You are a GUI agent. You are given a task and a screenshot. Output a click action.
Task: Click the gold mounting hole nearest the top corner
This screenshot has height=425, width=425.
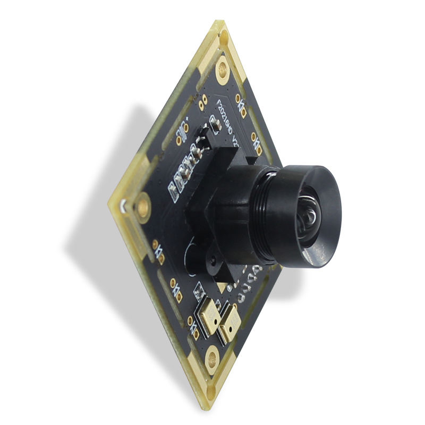point(223,70)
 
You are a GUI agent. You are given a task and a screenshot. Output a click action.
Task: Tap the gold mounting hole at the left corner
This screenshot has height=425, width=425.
point(143,205)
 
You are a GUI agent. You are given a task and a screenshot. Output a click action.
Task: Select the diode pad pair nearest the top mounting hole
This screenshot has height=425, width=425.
point(241,100)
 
